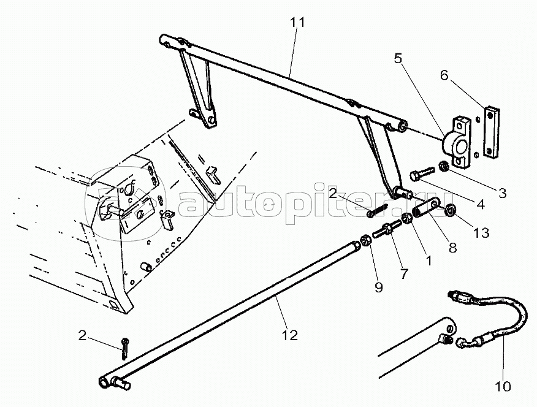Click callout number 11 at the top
pos(297,23)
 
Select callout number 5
pos(399,59)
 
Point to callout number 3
pos(502,193)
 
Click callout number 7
pos(403,274)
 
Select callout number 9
pos(378,287)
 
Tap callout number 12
pos(290,335)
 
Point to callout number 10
pos(502,386)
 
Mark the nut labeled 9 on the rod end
pos(364,242)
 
